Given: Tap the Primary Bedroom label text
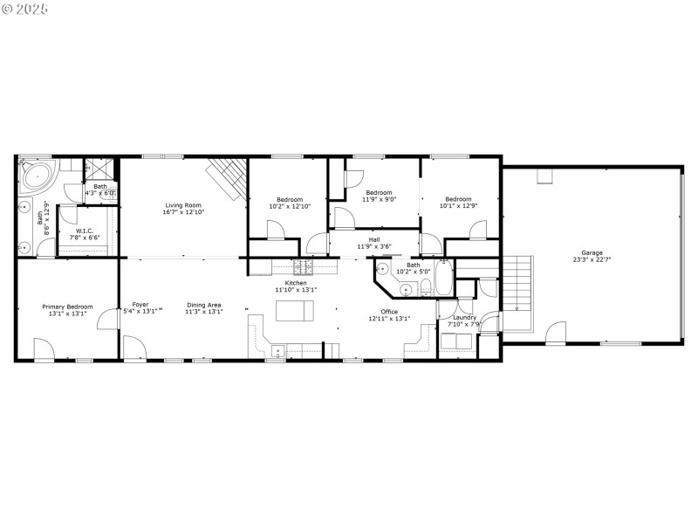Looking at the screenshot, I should click(x=67, y=307).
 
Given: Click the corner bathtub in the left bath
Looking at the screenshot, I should click(x=38, y=177).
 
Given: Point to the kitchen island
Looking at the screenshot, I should click(x=295, y=311).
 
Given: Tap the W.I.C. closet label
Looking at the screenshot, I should click(x=85, y=231).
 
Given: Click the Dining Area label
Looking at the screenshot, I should click(x=204, y=305).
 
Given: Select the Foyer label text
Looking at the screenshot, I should click(x=140, y=305).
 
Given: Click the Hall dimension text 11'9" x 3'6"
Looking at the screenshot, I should click(x=374, y=246).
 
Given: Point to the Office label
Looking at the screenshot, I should click(x=389, y=312).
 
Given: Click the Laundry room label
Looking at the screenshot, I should click(x=465, y=317).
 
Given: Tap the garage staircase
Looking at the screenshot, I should click(x=518, y=293).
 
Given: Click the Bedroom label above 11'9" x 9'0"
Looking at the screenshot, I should click(x=379, y=192).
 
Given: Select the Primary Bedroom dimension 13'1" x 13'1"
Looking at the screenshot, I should click(x=67, y=313).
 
